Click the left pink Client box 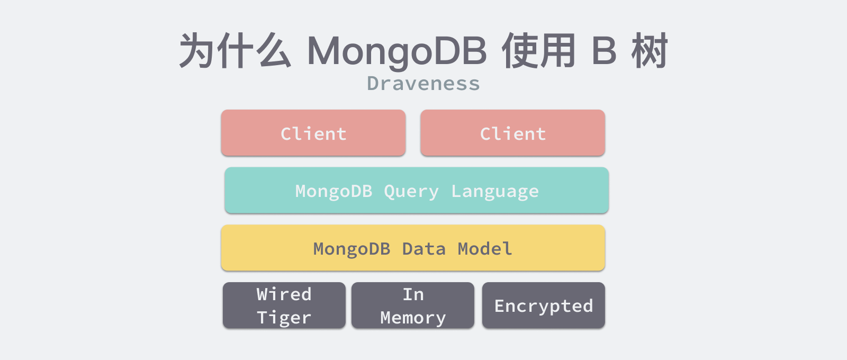(313, 133)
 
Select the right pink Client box (513, 133)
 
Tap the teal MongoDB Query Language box (417, 190)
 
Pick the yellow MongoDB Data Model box (413, 248)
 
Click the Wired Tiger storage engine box (284, 305)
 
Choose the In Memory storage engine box (413, 305)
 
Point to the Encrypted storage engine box (543, 305)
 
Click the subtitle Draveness (424, 83)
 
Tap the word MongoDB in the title (397, 51)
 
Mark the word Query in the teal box (411, 192)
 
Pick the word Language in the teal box (495, 192)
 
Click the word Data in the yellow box (424, 249)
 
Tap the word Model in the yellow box (485, 249)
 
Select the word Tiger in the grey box (284, 318)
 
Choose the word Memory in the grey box (413, 318)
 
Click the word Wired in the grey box (284, 294)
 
